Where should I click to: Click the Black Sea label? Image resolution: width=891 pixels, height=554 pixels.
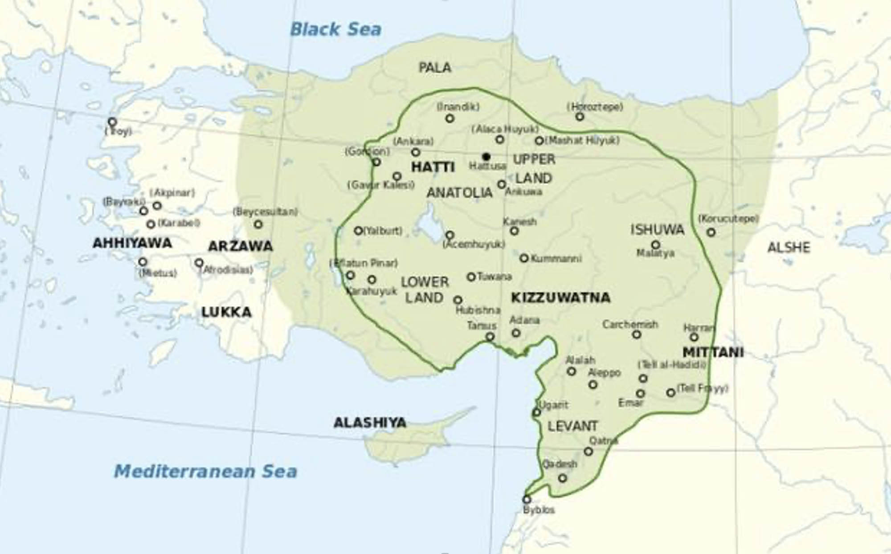[335, 29]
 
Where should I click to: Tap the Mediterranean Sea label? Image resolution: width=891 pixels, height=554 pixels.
[205, 471]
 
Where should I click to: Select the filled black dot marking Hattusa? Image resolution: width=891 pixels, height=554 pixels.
[486, 157]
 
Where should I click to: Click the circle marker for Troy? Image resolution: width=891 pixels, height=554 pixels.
[112, 122]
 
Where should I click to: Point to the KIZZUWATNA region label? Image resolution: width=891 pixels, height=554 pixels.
[560, 297]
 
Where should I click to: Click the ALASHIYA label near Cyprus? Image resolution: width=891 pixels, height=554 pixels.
[370, 422]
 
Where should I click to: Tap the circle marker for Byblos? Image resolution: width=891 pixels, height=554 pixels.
[527, 499]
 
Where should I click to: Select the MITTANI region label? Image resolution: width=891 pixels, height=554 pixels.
[713, 352]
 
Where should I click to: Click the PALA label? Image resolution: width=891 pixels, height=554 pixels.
[435, 68]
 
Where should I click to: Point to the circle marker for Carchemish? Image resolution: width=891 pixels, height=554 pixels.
[637, 334]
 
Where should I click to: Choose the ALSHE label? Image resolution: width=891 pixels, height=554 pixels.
[788, 248]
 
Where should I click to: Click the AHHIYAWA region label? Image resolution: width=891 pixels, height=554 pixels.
[132, 243]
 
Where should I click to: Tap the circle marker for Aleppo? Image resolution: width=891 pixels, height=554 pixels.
[593, 384]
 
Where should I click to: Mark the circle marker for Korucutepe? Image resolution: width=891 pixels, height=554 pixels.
[711, 232]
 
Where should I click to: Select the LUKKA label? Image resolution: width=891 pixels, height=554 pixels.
[226, 312]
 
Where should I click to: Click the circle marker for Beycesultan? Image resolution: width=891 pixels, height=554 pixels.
[258, 224]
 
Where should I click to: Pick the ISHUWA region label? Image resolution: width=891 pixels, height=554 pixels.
[657, 230]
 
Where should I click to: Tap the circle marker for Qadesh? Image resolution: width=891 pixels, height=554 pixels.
[563, 478]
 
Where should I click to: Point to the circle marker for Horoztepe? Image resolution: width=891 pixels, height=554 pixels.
[580, 117]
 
